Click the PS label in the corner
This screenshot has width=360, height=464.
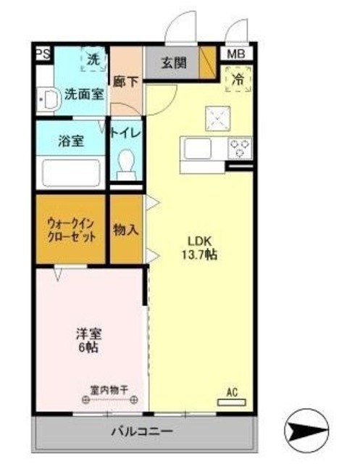pyautogui.click(x=43, y=53)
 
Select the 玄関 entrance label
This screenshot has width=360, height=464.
pyautogui.click(x=173, y=63)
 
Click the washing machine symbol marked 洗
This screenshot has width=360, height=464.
pyautogui.click(x=93, y=61)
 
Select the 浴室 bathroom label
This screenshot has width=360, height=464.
pyautogui.click(x=71, y=141)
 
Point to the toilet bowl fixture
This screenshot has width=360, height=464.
pyautogui.click(x=127, y=164)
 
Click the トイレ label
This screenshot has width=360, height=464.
pyautogui.click(x=126, y=135)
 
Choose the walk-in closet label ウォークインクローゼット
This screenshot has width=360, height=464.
pyautogui.click(x=71, y=230)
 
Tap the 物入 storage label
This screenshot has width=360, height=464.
pyautogui.click(x=126, y=230)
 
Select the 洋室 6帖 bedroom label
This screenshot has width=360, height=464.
pyautogui.click(x=89, y=340)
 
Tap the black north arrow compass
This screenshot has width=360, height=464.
pyautogui.click(x=308, y=433)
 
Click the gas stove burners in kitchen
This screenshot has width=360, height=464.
pyautogui.click(x=240, y=148)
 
